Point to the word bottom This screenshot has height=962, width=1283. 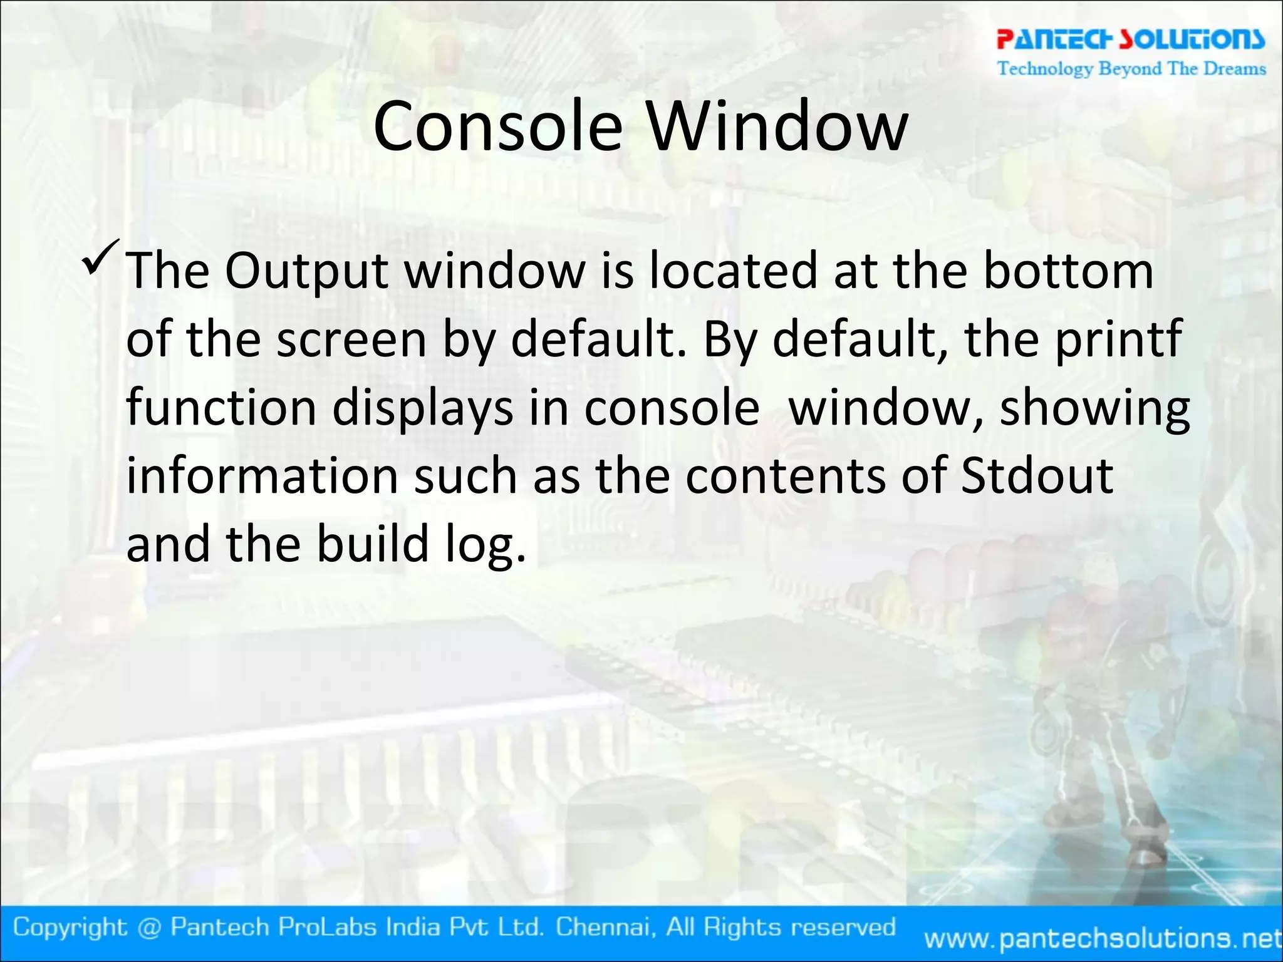(1068, 271)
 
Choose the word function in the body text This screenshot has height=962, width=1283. (221, 408)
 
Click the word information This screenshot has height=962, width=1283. (262, 475)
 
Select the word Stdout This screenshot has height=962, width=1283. (1037, 475)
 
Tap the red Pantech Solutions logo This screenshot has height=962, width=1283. (1131, 39)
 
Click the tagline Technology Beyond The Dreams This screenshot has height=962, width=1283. (1131, 68)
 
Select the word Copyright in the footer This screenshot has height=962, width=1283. (70, 927)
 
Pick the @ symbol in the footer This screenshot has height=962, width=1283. (149, 928)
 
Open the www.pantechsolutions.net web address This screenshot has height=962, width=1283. (1103, 938)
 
